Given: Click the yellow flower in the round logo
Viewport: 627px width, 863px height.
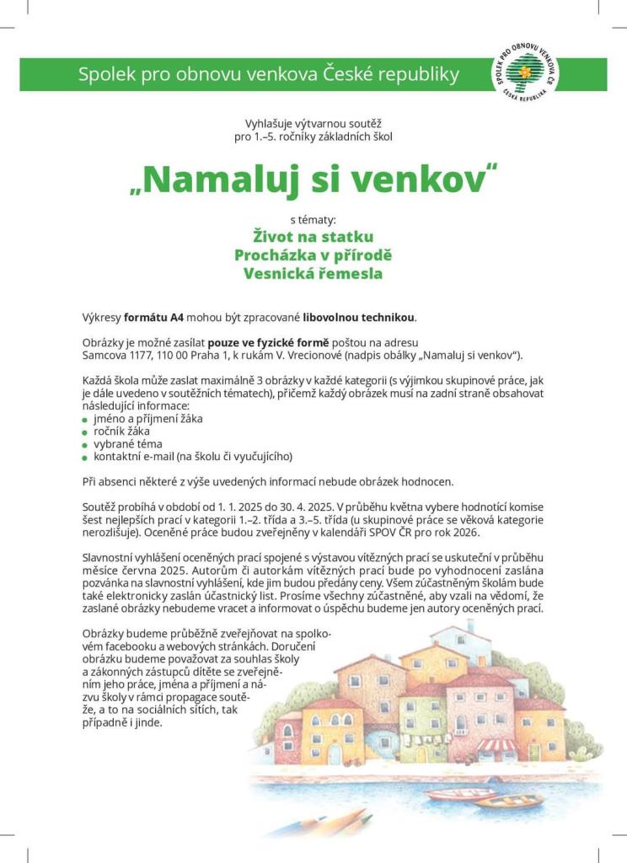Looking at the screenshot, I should (x=528, y=72).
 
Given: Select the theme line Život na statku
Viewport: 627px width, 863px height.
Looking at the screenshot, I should (x=313, y=236).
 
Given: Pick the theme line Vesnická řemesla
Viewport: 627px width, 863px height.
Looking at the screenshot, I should (x=313, y=273).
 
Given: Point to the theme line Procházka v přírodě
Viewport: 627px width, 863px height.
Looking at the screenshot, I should (x=313, y=255).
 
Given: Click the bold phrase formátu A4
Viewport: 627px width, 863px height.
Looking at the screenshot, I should (x=153, y=318).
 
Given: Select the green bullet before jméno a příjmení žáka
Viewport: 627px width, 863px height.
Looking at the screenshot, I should (x=85, y=419).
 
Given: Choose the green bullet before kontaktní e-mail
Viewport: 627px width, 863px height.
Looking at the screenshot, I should (x=85, y=458).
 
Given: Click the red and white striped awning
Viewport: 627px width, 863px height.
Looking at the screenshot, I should (x=497, y=745).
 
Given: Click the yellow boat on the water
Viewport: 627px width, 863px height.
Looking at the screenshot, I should (x=511, y=801).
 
